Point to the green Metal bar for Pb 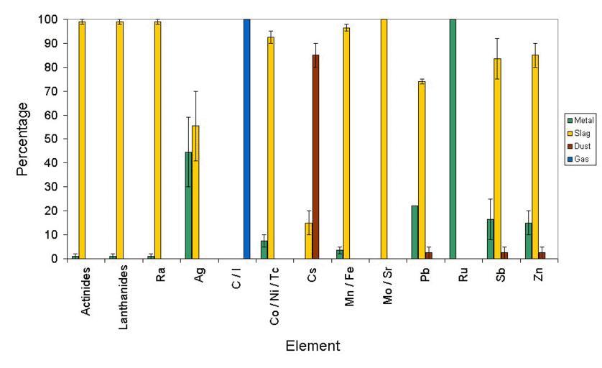pos(415,231)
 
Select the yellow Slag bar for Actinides pos(82,140)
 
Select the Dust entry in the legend pos(577,146)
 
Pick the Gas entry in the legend pos(577,158)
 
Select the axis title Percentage pos(24,138)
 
